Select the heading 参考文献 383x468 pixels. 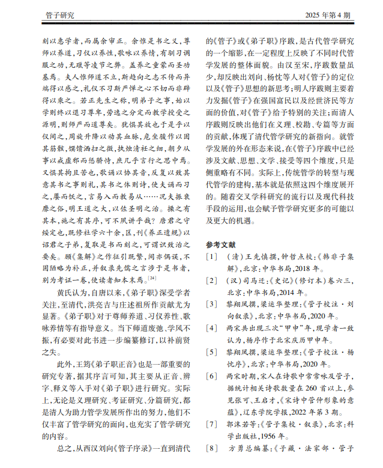coord(222,244)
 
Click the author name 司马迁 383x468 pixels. coord(254,281)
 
